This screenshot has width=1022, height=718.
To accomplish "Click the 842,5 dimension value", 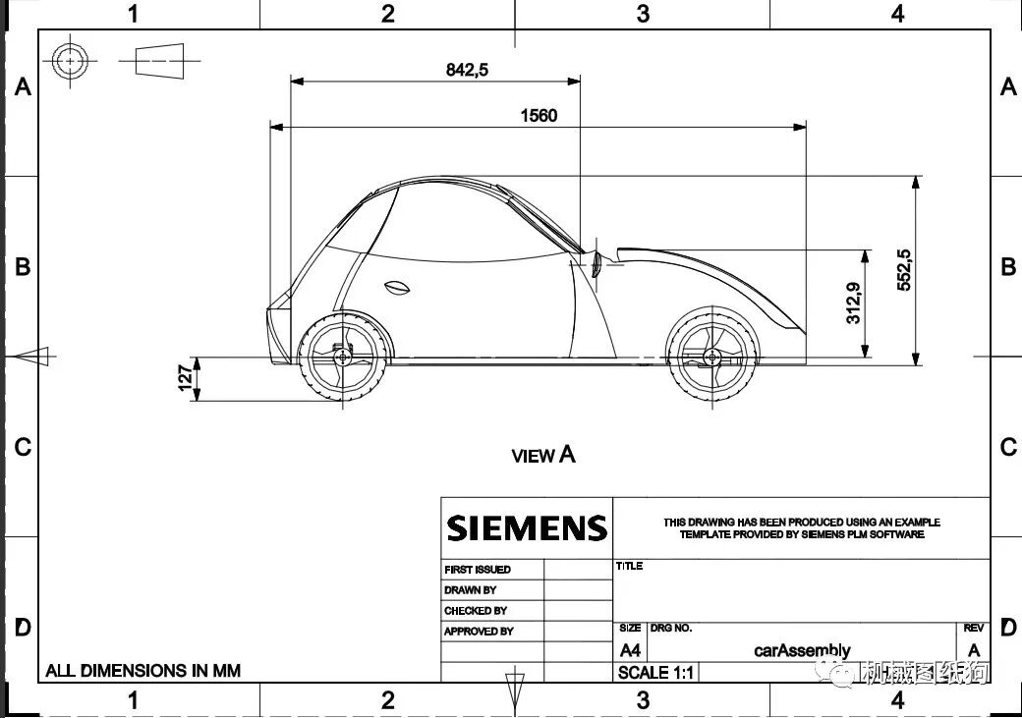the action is [x=467, y=70].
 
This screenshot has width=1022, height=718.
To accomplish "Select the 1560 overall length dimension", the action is [x=539, y=116].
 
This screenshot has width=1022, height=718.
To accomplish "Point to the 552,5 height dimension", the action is [x=904, y=270].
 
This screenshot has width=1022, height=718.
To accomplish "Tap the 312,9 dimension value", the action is [x=853, y=303].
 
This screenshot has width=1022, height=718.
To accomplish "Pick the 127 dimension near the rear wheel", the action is [x=185, y=378].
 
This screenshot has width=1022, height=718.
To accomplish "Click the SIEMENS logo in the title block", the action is [x=527, y=527].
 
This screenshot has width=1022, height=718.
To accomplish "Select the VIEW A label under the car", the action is [x=543, y=455].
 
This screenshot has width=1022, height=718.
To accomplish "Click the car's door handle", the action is [x=396, y=287].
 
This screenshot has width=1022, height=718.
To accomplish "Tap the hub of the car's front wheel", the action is [x=711, y=358].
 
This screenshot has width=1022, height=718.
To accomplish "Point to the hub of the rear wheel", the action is [x=343, y=357].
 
